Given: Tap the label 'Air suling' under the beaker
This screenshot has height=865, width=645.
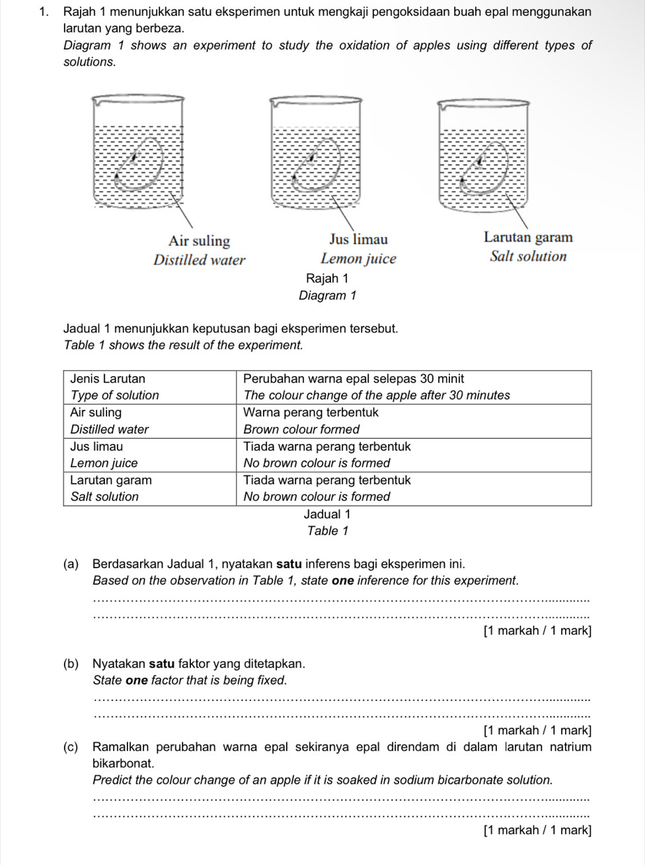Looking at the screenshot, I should (x=199, y=241).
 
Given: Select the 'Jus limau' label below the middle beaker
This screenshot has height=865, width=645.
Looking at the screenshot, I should (x=358, y=239).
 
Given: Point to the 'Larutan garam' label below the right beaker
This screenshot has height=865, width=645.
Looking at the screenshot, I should (x=528, y=237).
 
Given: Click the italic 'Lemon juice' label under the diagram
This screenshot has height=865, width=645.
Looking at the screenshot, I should (x=358, y=259).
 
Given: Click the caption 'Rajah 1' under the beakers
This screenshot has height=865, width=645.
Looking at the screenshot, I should (x=327, y=278).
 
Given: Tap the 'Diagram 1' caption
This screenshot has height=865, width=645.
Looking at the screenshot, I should (x=327, y=295).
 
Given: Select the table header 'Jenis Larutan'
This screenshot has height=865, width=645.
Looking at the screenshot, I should (x=108, y=379).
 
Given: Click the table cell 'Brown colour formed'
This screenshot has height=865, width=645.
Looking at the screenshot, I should (x=301, y=429).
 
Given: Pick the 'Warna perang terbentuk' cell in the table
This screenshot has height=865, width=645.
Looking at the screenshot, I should (x=311, y=412).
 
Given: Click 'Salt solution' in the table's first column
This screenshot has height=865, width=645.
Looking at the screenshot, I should (x=104, y=496).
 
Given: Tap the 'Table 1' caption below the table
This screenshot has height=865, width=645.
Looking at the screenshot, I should (x=327, y=531).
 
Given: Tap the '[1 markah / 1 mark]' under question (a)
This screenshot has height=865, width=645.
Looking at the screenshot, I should (x=537, y=630).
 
